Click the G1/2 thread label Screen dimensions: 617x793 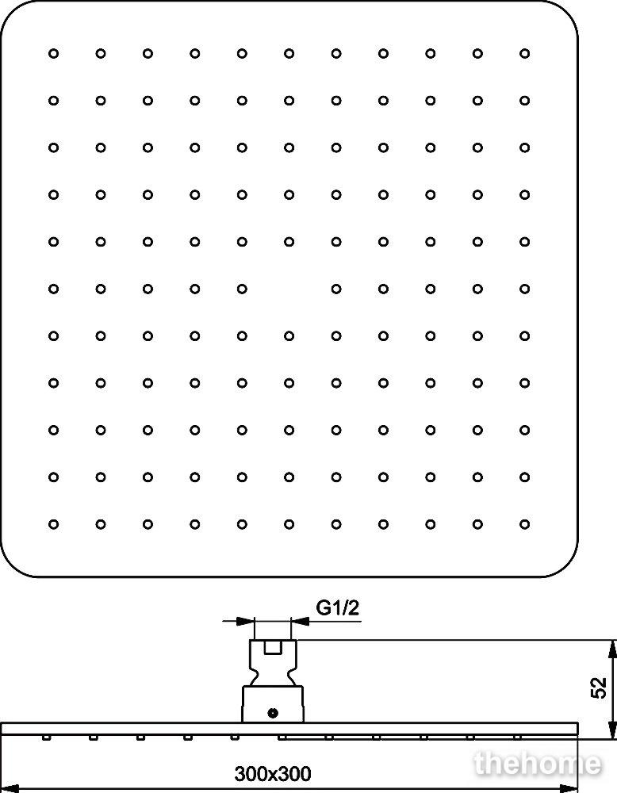click(337, 607)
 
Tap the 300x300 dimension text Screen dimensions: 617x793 click(273, 774)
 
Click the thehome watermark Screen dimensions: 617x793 click(538, 764)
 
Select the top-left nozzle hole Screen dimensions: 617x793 click(54, 54)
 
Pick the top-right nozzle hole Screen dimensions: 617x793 click(524, 54)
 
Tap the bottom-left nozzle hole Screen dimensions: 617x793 click(54, 524)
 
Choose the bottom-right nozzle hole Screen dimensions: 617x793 click(524, 524)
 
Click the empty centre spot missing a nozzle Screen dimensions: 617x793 click(289, 289)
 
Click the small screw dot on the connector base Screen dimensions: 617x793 click(273, 713)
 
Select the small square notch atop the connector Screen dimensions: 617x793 click(273, 647)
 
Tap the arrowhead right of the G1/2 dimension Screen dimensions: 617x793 click(301, 621)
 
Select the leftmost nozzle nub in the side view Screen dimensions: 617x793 click(47, 737)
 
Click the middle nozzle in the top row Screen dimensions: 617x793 click(289, 54)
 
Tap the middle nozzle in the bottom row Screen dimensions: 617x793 click(289, 524)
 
